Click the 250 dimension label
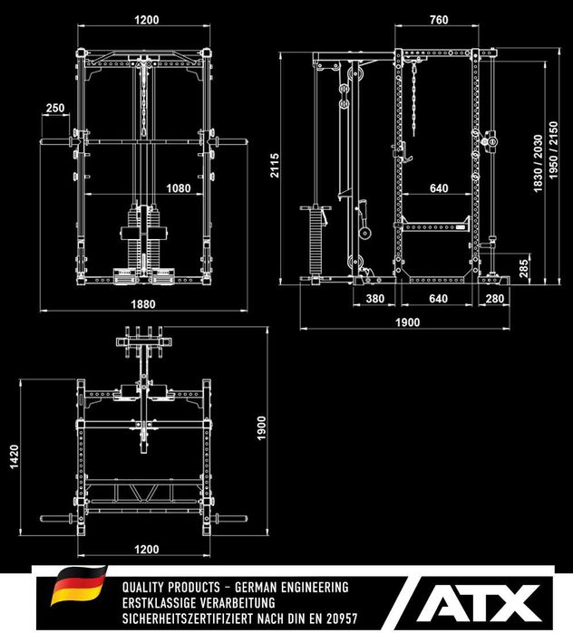coord(55,109)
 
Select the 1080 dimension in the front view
coord(179,188)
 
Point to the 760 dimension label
coord(438,19)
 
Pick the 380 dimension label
coord(374,298)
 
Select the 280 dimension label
coord(494,298)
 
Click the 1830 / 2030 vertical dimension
coord(537,163)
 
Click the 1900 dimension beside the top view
coord(260,426)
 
